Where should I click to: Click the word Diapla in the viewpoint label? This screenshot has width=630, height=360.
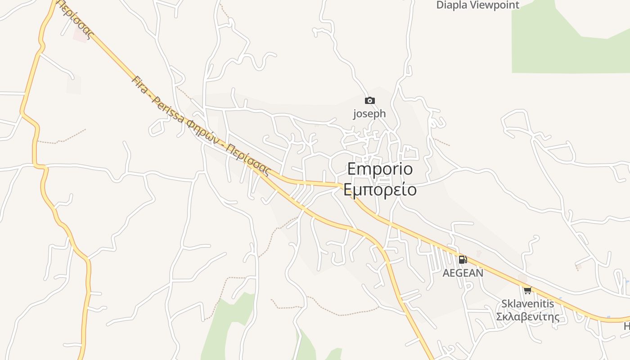[452, 5]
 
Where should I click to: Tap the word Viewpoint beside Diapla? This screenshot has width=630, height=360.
[495, 5]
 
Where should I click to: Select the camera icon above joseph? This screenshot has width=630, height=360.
[369, 101]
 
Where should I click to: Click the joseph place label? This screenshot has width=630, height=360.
[369, 114]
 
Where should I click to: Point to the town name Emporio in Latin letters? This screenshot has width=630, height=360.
[380, 169]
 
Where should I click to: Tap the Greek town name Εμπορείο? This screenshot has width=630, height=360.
[380, 189]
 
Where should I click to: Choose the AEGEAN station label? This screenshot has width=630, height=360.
[463, 273]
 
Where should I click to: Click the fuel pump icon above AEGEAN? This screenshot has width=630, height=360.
[463, 260]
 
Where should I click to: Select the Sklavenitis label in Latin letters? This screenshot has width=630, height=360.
[528, 304]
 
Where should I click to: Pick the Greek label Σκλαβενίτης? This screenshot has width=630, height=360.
[528, 317]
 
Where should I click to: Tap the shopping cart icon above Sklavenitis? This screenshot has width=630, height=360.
[527, 290]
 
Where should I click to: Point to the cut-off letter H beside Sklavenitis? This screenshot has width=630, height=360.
[627, 326]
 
